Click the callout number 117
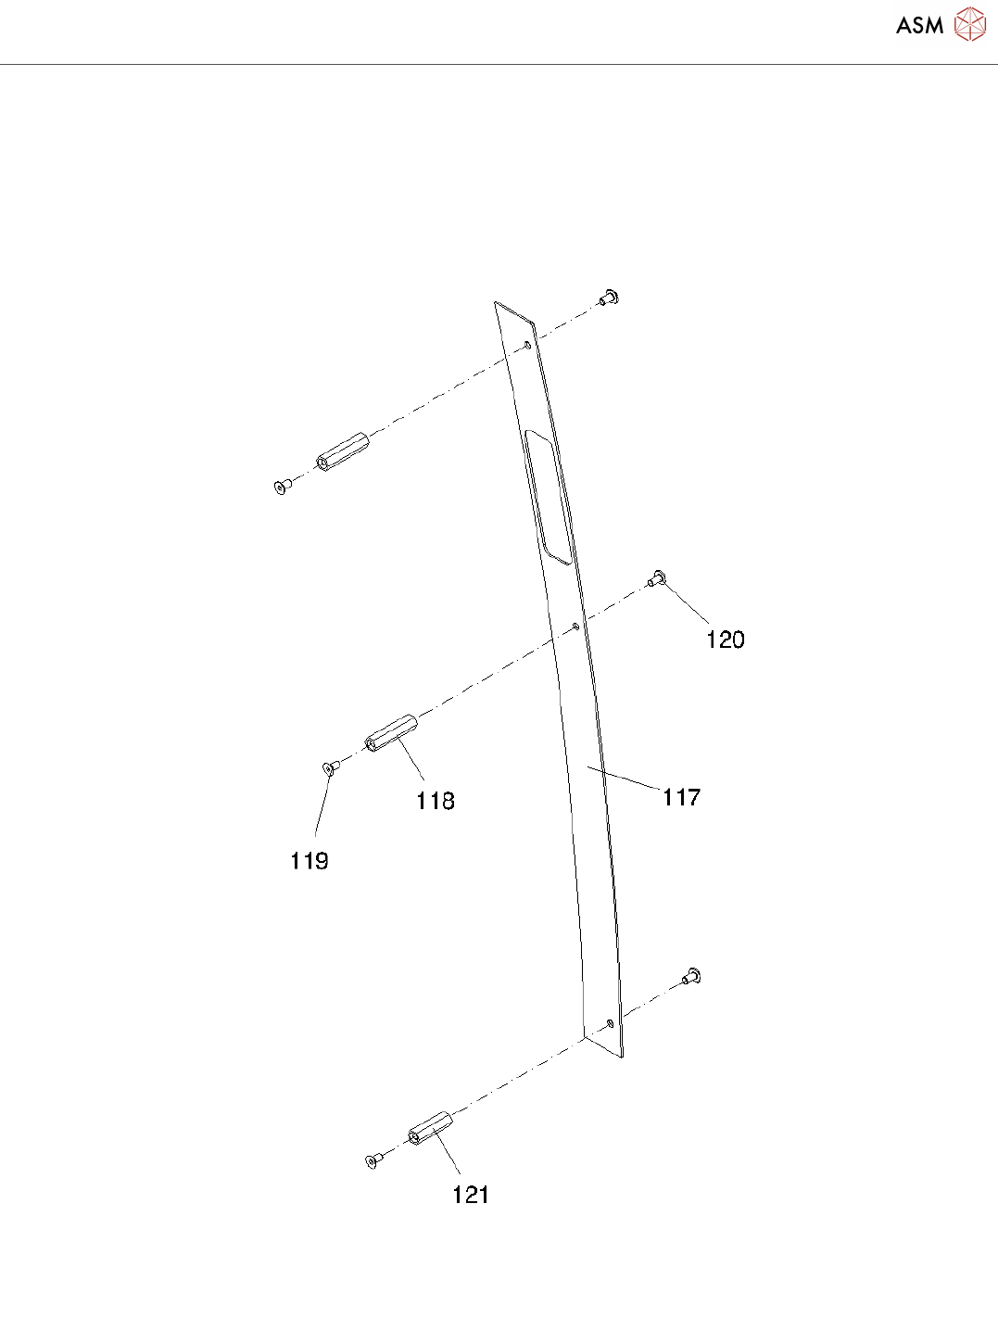pos(681,797)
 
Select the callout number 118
pos(436,801)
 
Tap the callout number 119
pos(310,861)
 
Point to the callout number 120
pos(726,640)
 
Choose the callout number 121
pos(471,1195)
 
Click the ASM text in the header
pos(920,26)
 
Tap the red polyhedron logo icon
pos(970,25)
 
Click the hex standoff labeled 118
pos(391,733)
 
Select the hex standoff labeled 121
pos(430,1127)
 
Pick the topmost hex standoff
pos(343,450)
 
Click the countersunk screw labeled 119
pos(329,767)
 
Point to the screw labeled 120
pos(657,579)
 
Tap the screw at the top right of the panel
pos(609,298)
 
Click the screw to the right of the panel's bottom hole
pos(691,976)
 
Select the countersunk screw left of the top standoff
pos(281,487)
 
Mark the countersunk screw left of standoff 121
pos(373,1160)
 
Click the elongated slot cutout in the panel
pos(548,496)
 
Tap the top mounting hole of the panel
pos(527,346)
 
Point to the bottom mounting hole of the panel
pos(610,1023)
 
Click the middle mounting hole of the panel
pos(576,627)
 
